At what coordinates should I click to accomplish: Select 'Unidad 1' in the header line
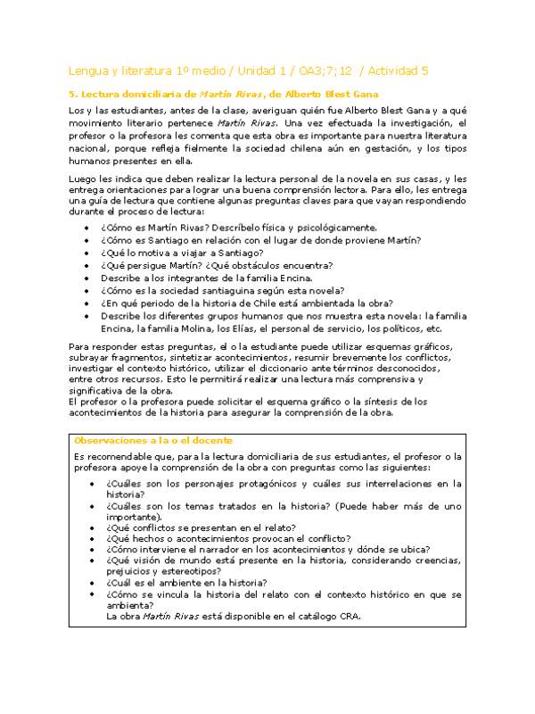pyautogui.click(x=242, y=71)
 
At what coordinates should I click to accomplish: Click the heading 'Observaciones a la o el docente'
pyautogui.click(x=154, y=441)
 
